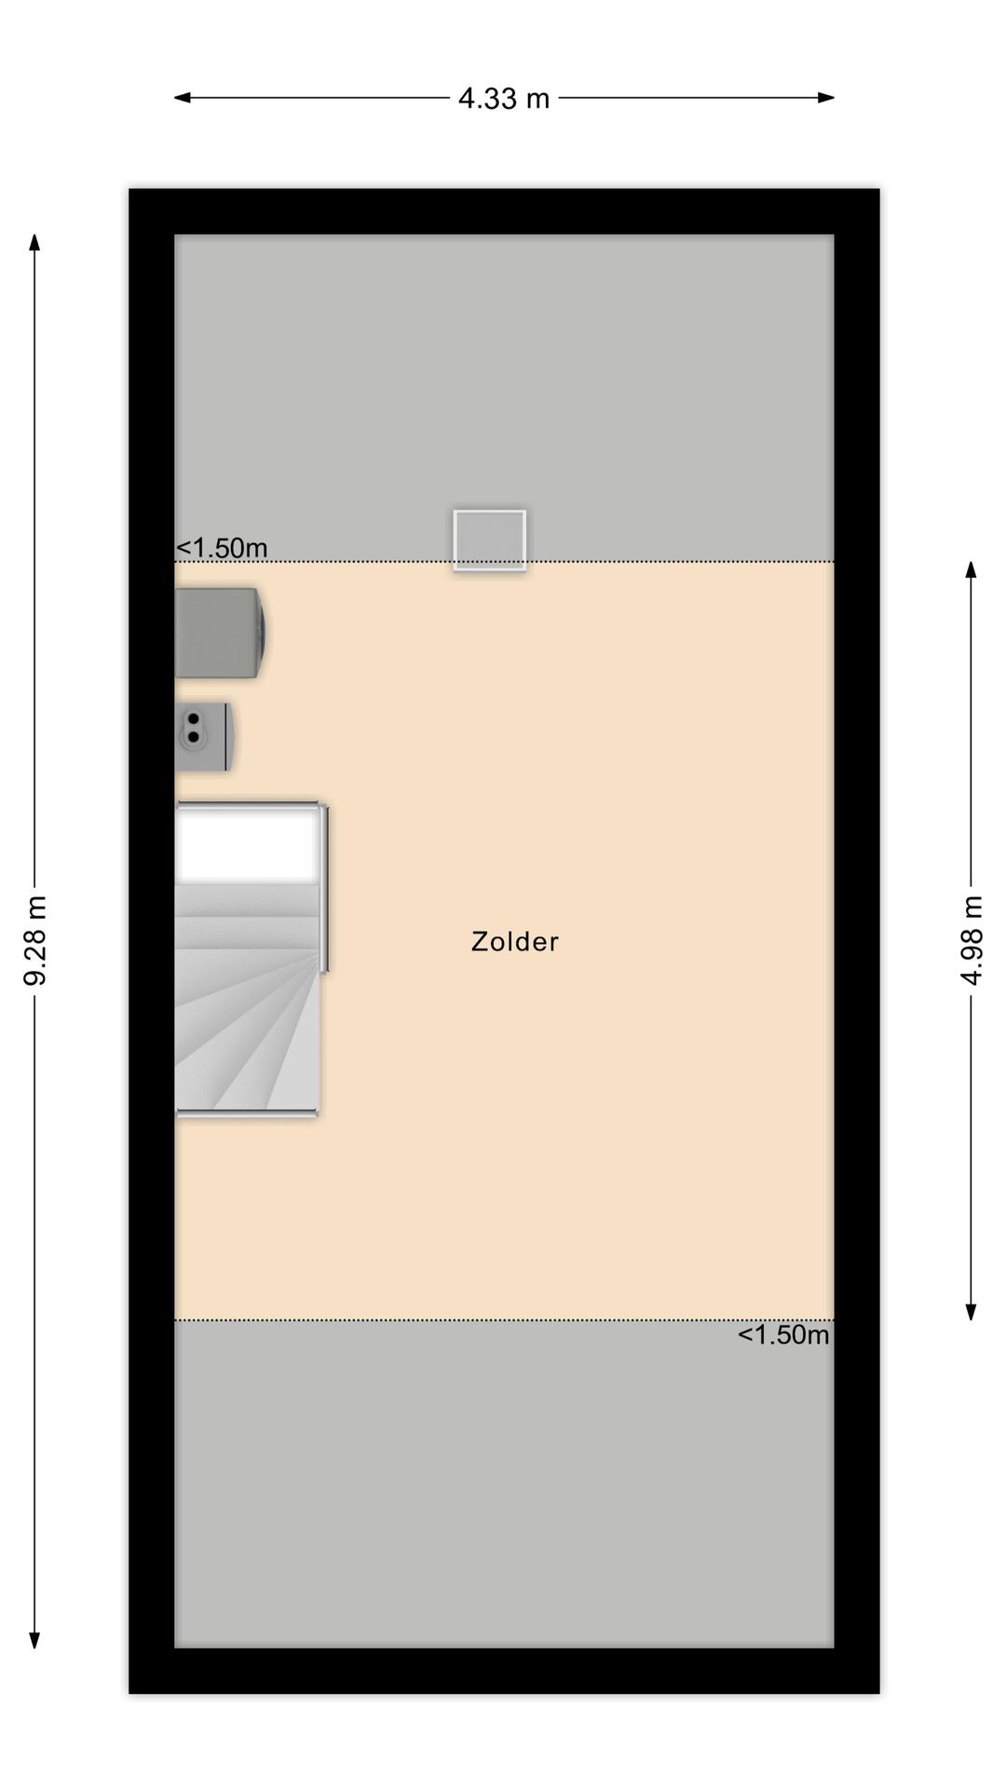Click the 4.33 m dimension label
503,98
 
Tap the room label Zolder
514,941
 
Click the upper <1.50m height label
222,548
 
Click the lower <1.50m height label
782,1335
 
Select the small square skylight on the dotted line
489,539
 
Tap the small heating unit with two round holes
203,736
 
